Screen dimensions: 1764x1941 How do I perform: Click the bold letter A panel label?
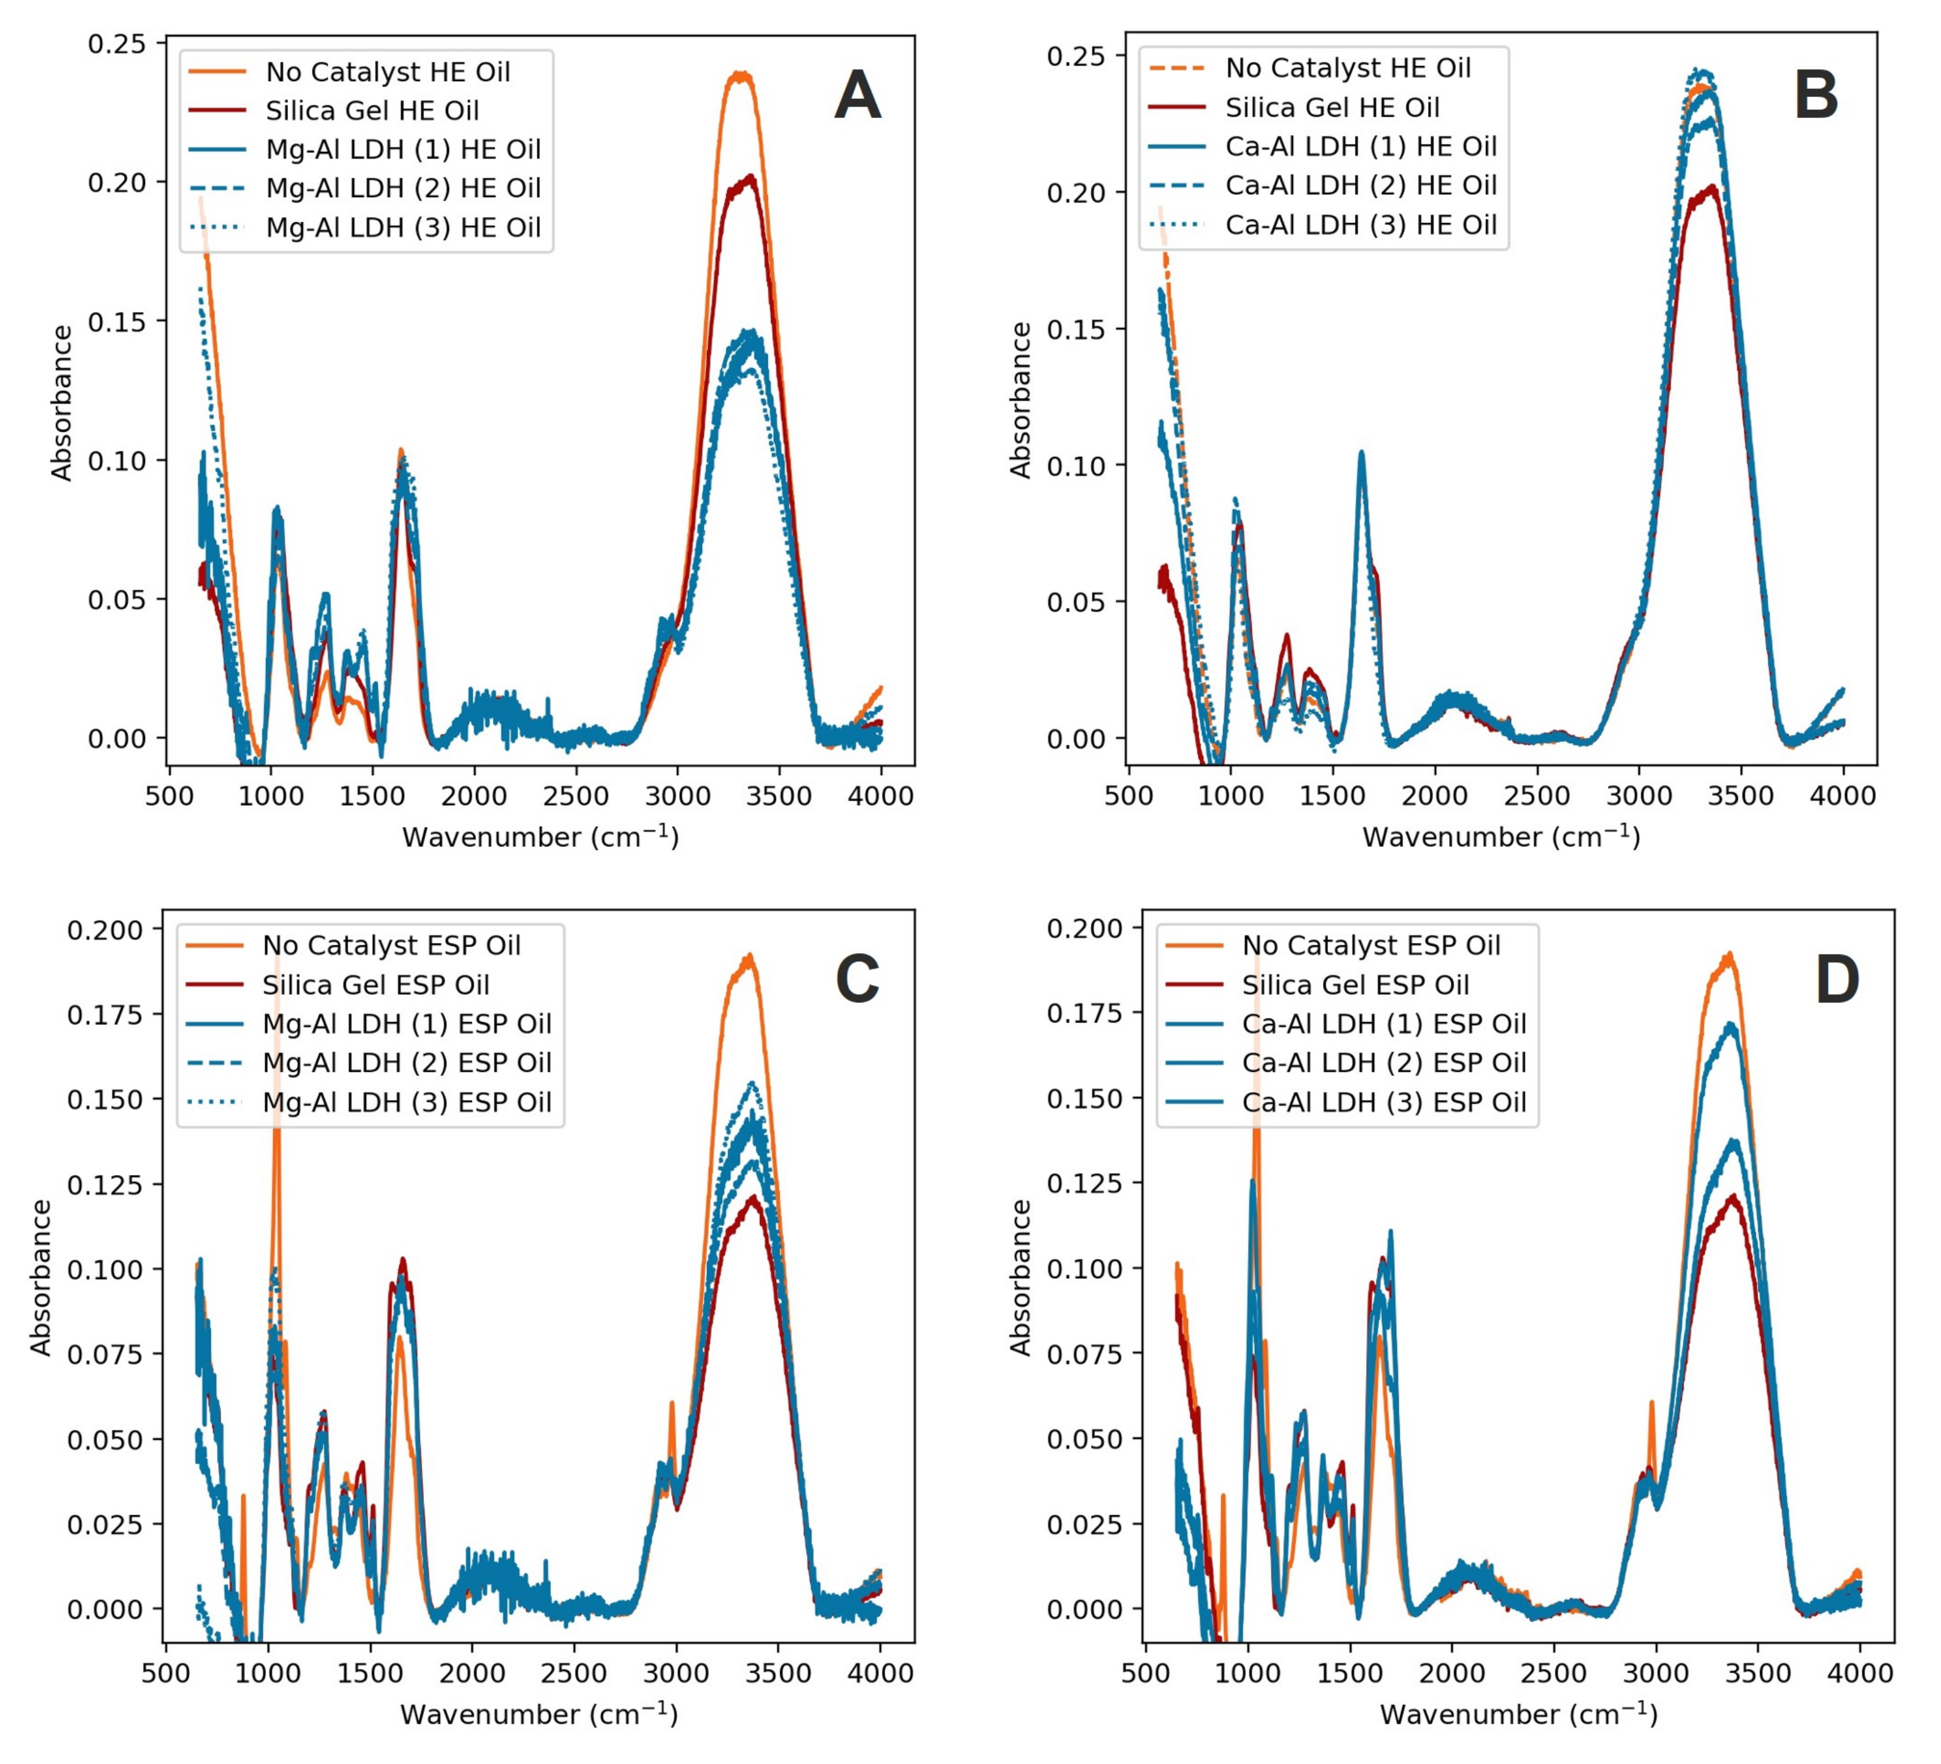[857, 96]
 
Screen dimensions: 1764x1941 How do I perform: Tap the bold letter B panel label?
[1816, 96]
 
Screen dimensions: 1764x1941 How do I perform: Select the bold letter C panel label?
[857, 979]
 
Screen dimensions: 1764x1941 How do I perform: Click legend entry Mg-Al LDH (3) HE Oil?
[402, 227]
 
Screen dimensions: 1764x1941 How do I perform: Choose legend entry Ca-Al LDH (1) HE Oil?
[1361, 146]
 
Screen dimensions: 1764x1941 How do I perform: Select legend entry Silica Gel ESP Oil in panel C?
[375, 985]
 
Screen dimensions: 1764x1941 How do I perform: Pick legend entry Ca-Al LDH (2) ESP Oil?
[1383, 1063]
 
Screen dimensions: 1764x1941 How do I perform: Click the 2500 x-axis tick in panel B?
[1537, 796]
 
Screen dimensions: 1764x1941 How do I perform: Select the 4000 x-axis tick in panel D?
[1860, 1674]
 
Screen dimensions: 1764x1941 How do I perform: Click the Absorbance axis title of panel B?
[1021, 400]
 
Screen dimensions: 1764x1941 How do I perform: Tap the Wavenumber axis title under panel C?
[539, 1715]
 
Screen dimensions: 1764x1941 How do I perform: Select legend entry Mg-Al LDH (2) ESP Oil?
[406, 1063]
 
